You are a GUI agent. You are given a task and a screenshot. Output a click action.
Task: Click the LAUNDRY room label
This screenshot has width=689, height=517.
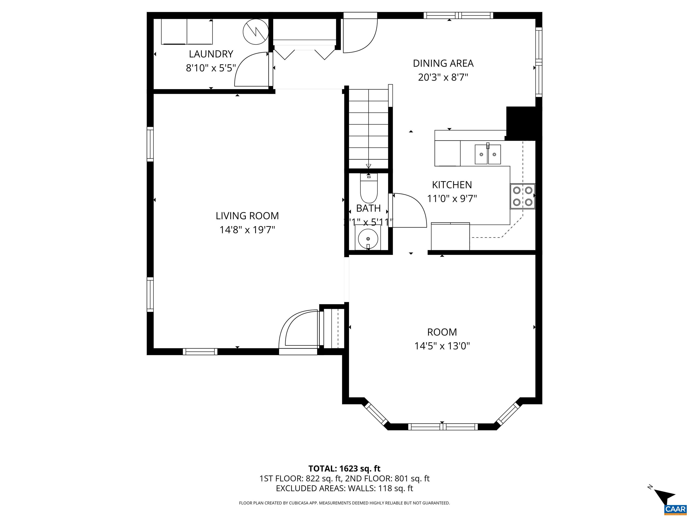pyautogui.click(x=211, y=54)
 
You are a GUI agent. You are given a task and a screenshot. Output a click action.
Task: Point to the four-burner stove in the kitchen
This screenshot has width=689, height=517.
pyautogui.click(x=522, y=196)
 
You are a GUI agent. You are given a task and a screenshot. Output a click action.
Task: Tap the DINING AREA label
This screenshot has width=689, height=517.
pyautogui.click(x=443, y=63)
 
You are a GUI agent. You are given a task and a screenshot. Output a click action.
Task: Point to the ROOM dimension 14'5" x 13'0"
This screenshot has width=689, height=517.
pyautogui.click(x=442, y=346)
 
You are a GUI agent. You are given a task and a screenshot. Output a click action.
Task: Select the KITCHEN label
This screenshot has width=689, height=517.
pyautogui.click(x=452, y=185)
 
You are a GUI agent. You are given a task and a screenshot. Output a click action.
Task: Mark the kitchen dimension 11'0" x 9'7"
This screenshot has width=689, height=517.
pyautogui.click(x=452, y=199)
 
